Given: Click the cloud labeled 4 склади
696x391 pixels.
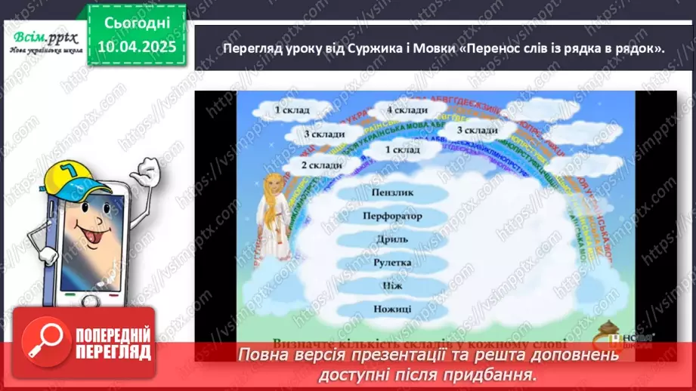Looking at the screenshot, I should (406, 110).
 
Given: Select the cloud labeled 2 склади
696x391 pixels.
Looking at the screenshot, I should (321, 165).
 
